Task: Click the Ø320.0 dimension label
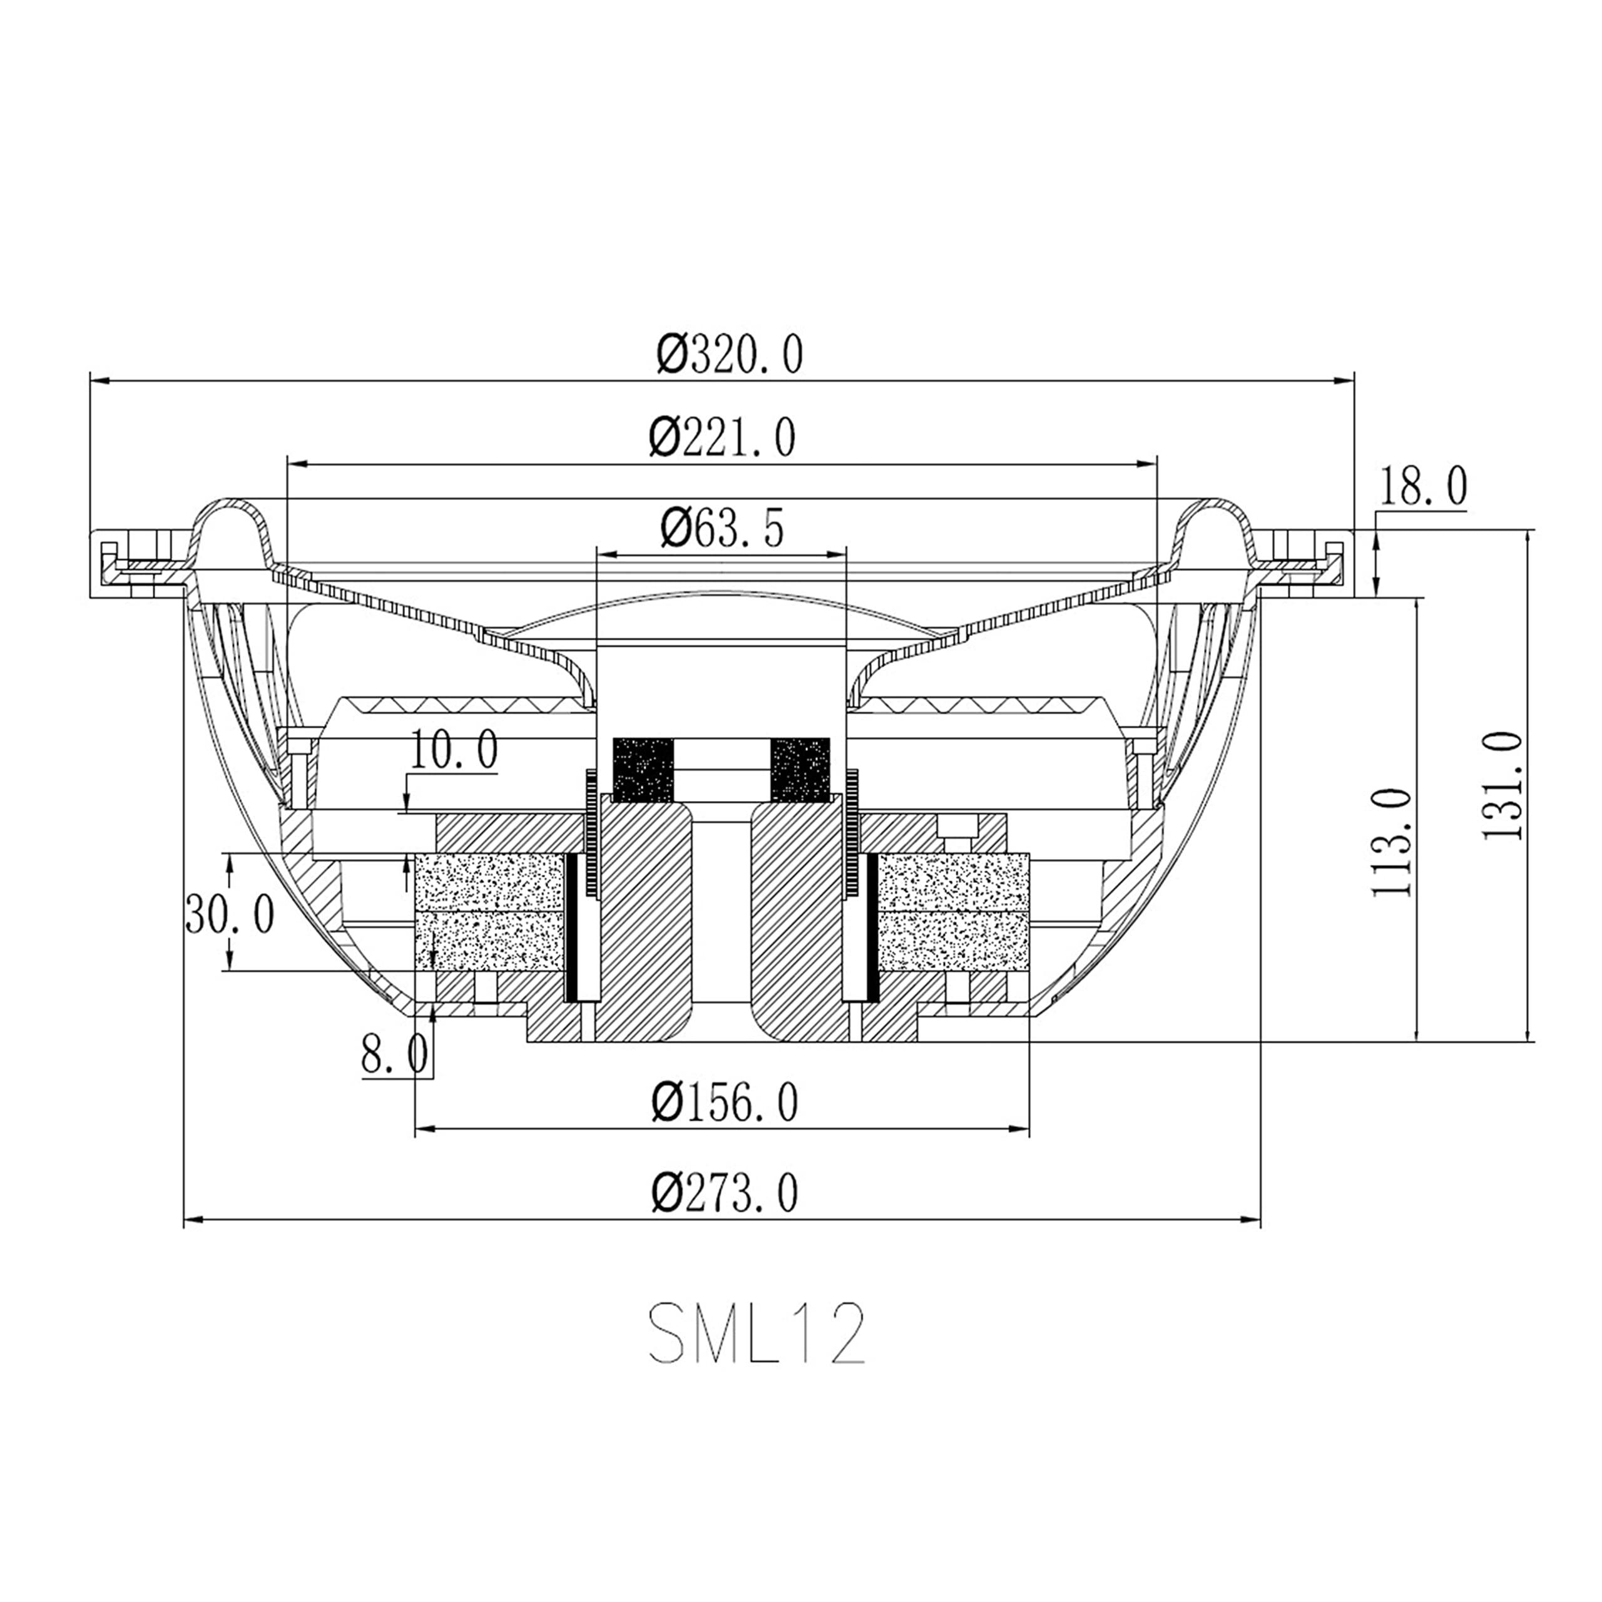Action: tap(730, 355)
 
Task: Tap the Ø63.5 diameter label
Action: tap(722, 528)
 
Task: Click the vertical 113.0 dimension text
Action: tap(1391, 842)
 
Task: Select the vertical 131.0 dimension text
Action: tap(1503, 785)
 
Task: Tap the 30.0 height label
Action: tap(230, 915)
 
